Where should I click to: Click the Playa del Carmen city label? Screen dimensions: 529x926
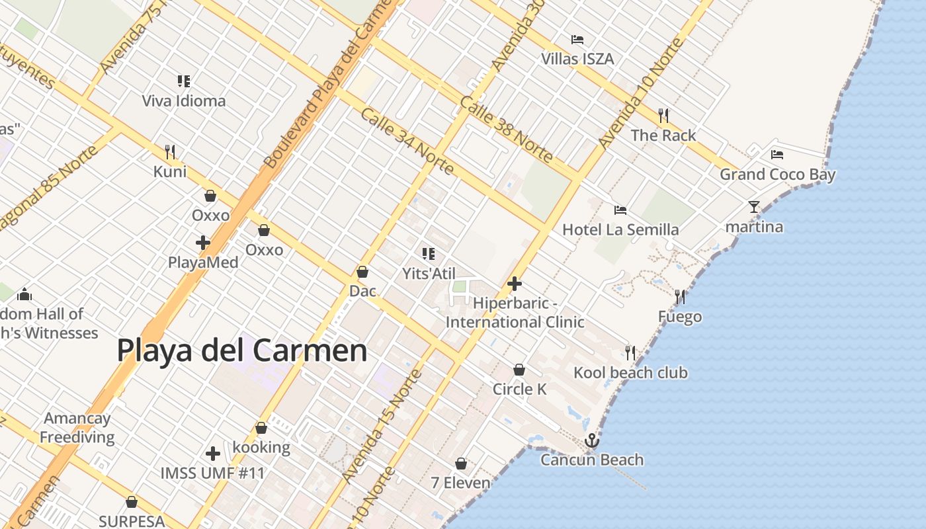click(242, 350)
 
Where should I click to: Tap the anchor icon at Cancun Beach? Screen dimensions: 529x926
click(591, 440)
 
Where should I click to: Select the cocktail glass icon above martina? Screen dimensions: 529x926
click(753, 207)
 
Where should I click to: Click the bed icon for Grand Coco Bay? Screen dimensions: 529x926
click(777, 155)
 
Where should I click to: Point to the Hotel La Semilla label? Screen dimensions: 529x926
click(620, 229)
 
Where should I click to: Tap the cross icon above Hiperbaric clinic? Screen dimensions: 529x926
click(515, 284)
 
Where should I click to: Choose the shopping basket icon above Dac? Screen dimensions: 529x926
click(362, 272)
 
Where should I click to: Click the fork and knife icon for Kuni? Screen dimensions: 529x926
click(170, 152)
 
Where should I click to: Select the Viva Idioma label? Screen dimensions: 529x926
click(184, 101)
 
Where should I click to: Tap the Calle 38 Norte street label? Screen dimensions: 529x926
click(506, 129)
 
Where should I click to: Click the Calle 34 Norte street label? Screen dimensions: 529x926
click(407, 142)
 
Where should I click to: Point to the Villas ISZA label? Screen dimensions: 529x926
click(577, 59)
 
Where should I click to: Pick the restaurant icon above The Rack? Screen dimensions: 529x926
click(663, 116)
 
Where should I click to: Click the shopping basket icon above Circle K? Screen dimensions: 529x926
click(519, 370)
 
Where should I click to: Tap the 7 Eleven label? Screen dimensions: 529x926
click(461, 483)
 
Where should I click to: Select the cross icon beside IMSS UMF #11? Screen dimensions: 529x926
click(212, 454)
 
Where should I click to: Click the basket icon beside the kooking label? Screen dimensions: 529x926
click(261, 428)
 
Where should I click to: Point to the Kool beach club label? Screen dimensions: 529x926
click(630, 372)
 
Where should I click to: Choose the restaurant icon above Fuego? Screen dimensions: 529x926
click(679, 297)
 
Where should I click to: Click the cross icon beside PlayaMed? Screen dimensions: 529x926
click(203, 243)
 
